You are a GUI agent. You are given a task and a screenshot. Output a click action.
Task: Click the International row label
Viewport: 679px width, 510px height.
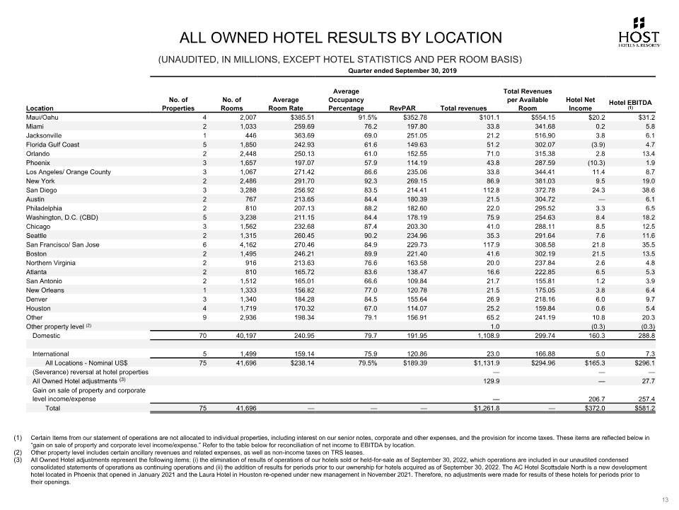click(x=52, y=353)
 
